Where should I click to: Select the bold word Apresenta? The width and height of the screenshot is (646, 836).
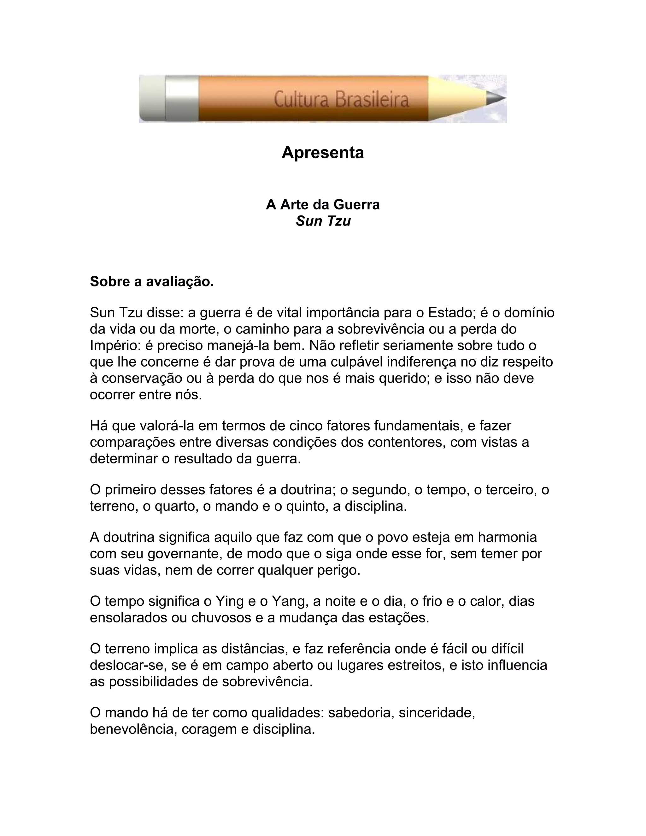tap(323, 153)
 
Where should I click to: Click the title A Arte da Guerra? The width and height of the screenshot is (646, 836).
tap(323, 205)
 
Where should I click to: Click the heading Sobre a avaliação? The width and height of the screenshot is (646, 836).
tap(151, 282)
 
